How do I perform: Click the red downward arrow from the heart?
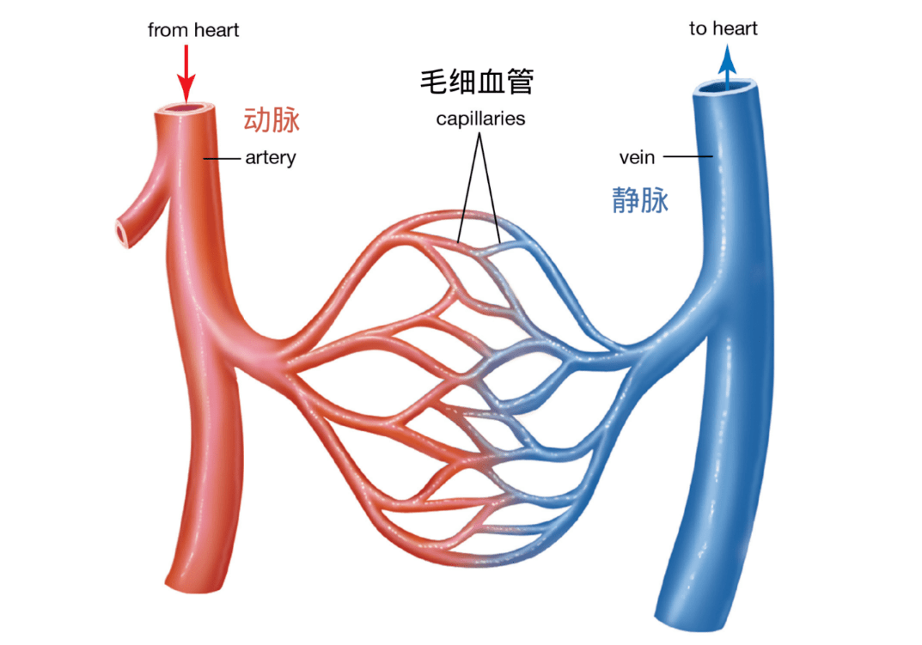click(x=186, y=74)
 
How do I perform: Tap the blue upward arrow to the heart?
click(x=727, y=67)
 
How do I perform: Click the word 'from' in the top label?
click(x=165, y=30)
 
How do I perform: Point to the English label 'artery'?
click(x=271, y=158)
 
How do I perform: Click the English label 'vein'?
click(x=637, y=157)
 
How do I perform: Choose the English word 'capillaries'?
click(x=480, y=119)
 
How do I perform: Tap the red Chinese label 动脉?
click(x=272, y=120)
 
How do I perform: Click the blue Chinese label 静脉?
click(x=640, y=200)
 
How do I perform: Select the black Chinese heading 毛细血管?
click(x=477, y=82)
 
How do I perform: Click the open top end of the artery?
click(x=185, y=109)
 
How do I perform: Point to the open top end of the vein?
click(x=725, y=87)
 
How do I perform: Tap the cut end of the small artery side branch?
click(x=122, y=234)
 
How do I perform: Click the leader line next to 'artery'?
click(x=222, y=159)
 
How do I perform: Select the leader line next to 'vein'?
click(x=688, y=156)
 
